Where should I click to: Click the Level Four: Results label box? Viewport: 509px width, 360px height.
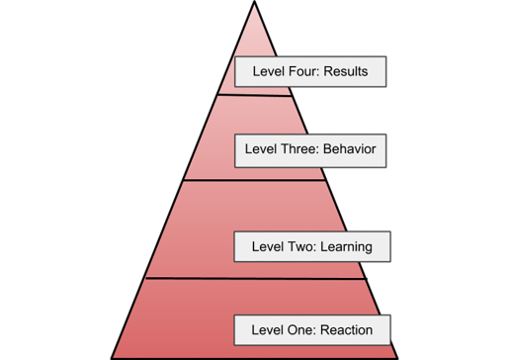(307, 73)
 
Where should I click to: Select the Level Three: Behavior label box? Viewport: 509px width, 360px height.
(310, 151)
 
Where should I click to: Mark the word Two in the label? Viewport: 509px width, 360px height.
(293, 246)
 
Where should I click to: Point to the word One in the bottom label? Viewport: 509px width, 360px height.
(293, 328)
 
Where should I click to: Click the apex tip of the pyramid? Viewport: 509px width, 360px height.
(254, 6)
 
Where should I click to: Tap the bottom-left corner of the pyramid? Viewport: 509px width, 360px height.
(114, 355)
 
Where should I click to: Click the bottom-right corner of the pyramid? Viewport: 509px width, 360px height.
(394, 355)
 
